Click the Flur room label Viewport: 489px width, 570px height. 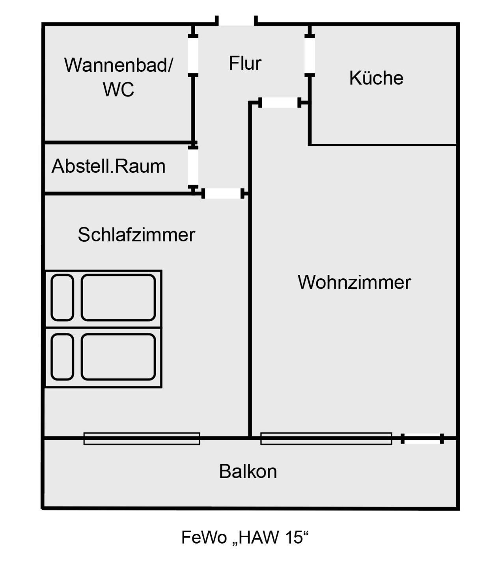coord(245,63)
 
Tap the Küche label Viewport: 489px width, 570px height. coord(376,78)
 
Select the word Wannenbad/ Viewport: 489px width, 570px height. coord(118,65)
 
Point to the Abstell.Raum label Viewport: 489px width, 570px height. coord(108,166)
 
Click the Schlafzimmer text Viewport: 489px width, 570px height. coord(136,235)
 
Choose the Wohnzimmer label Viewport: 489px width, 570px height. coord(354,282)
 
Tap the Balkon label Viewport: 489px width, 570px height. coord(248,471)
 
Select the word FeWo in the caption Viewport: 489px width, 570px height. coord(203,537)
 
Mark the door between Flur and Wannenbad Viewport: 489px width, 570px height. coord(193,55)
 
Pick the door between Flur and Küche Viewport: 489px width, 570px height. coord(310,55)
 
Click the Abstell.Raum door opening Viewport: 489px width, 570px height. coord(193,167)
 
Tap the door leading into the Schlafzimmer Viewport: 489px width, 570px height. coord(223,194)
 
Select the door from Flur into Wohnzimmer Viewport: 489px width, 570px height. coord(280,103)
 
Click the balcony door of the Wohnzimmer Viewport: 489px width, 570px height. coord(422,438)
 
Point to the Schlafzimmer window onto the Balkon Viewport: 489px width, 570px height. coord(142,438)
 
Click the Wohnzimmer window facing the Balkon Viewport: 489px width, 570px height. coord(326,438)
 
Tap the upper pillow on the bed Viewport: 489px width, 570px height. coord(62,298)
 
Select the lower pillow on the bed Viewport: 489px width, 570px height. coord(62,357)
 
